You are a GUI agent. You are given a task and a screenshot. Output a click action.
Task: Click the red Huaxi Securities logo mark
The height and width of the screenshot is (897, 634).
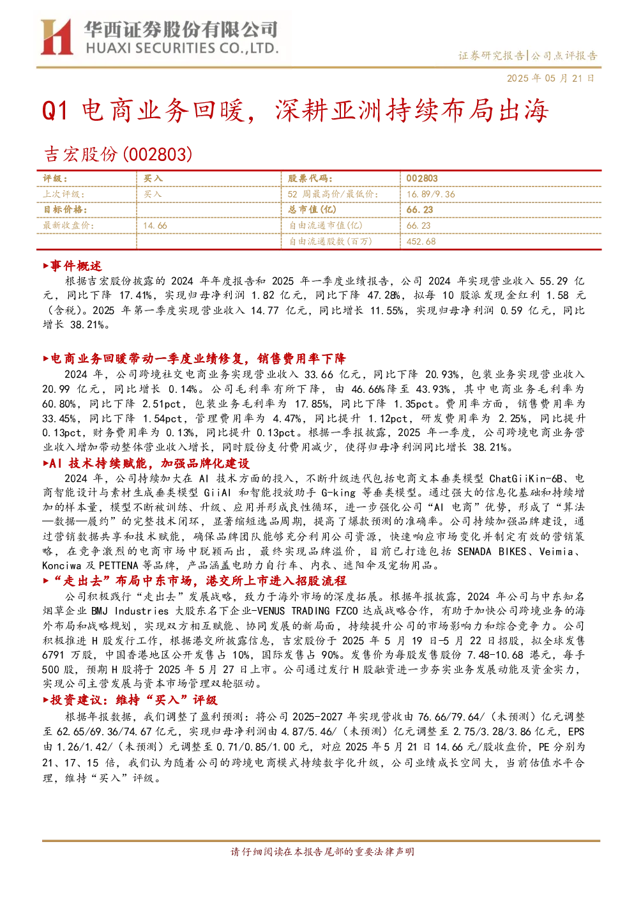point(57,37)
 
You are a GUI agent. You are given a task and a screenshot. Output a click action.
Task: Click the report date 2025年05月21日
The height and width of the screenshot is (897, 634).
point(550,78)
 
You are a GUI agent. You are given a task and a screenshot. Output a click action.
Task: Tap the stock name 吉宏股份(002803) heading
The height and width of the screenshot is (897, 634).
point(117,154)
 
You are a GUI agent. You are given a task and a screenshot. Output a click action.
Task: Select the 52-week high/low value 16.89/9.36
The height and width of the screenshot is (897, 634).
point(431,194)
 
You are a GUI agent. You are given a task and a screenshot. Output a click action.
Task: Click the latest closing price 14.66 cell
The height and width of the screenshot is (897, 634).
point(155,226)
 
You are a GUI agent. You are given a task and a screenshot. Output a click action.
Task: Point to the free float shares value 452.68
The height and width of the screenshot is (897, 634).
point(421,241)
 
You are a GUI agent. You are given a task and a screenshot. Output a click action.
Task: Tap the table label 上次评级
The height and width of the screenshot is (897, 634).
point(64,194)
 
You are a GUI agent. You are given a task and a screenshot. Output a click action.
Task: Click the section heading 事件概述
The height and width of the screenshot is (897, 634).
point(73,266)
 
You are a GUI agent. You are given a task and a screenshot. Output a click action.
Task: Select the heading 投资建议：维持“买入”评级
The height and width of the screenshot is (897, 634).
point(130,700)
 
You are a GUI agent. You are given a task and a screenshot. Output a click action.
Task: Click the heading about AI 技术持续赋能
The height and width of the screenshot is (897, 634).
point(146,464)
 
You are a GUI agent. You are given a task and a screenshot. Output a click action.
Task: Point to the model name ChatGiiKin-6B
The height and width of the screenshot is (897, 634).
point(526,479)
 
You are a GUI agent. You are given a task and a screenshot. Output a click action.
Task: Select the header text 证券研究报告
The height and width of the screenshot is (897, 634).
point(491,56)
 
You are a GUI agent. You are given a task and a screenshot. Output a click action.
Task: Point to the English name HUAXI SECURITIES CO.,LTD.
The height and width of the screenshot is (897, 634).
point(182,49)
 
